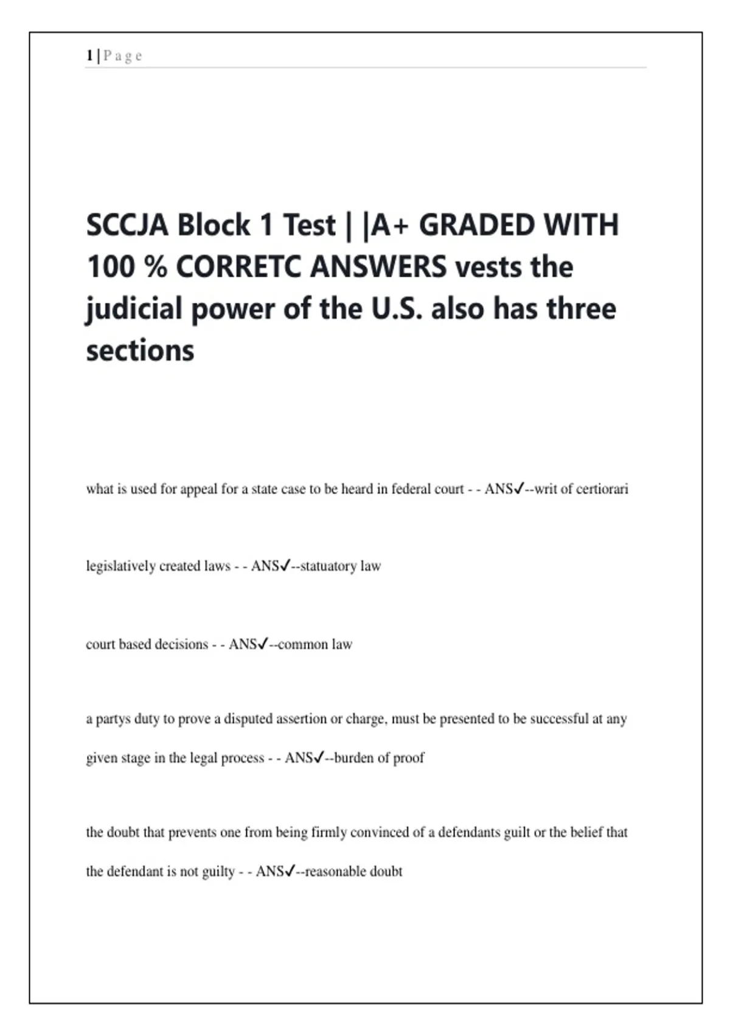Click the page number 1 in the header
(x=89, y=56)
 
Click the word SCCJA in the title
(x=127, y=225)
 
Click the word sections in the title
(x=140, y=351)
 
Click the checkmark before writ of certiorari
(x=519, y=488)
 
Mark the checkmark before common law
(x=263, y=644)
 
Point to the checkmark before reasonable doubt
(x=290, y=871)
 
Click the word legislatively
(x=120, y=566)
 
